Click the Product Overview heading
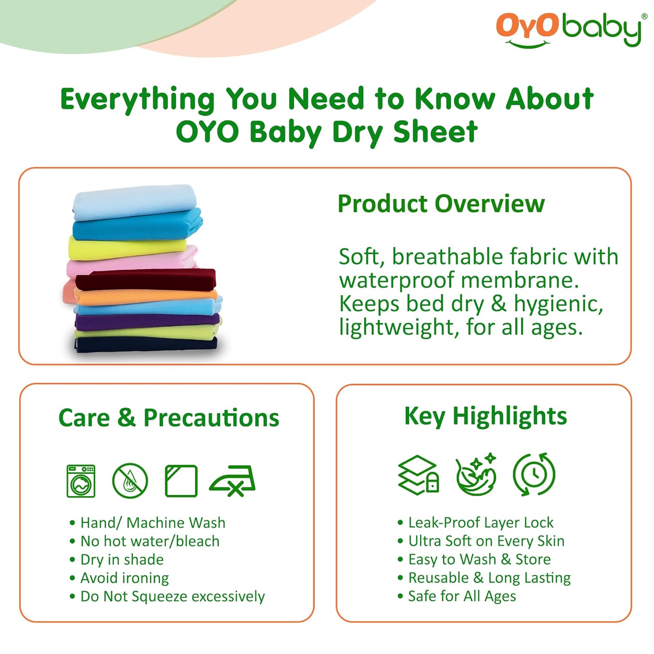point(441,204)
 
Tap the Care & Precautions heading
point(169,418)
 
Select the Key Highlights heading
point(485,416)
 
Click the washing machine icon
point(81,481)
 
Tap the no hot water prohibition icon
point(130,481)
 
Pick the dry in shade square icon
point(181,481)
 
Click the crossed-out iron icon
point(233,481)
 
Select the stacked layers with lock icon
point(418,475)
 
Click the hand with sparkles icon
point(476,475)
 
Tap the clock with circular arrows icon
point(534,474)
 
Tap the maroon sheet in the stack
point(146,279)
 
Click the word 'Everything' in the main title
point(137,99)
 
